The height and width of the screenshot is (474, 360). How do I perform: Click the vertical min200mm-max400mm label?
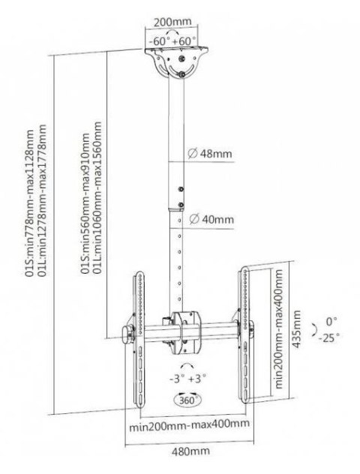click(278, 325)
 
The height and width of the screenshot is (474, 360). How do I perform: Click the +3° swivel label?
click(197, 380)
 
